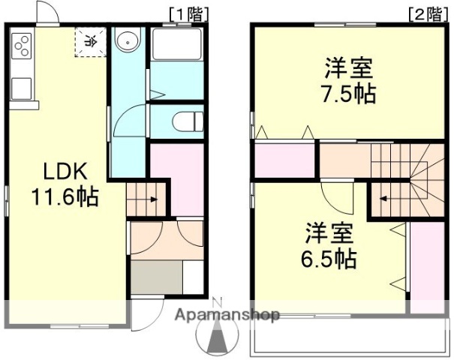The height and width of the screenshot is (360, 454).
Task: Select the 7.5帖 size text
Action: (x=350, y=94)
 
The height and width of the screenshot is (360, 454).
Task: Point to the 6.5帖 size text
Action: (x=330, y=260)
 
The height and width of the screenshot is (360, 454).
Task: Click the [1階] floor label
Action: (x=185, y=13)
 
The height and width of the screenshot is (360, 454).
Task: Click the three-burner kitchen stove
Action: (x=22, y=46)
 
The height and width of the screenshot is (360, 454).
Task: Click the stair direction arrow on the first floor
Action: (x=151, y=199)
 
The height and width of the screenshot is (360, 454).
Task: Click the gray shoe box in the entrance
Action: (x=157, y=277)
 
